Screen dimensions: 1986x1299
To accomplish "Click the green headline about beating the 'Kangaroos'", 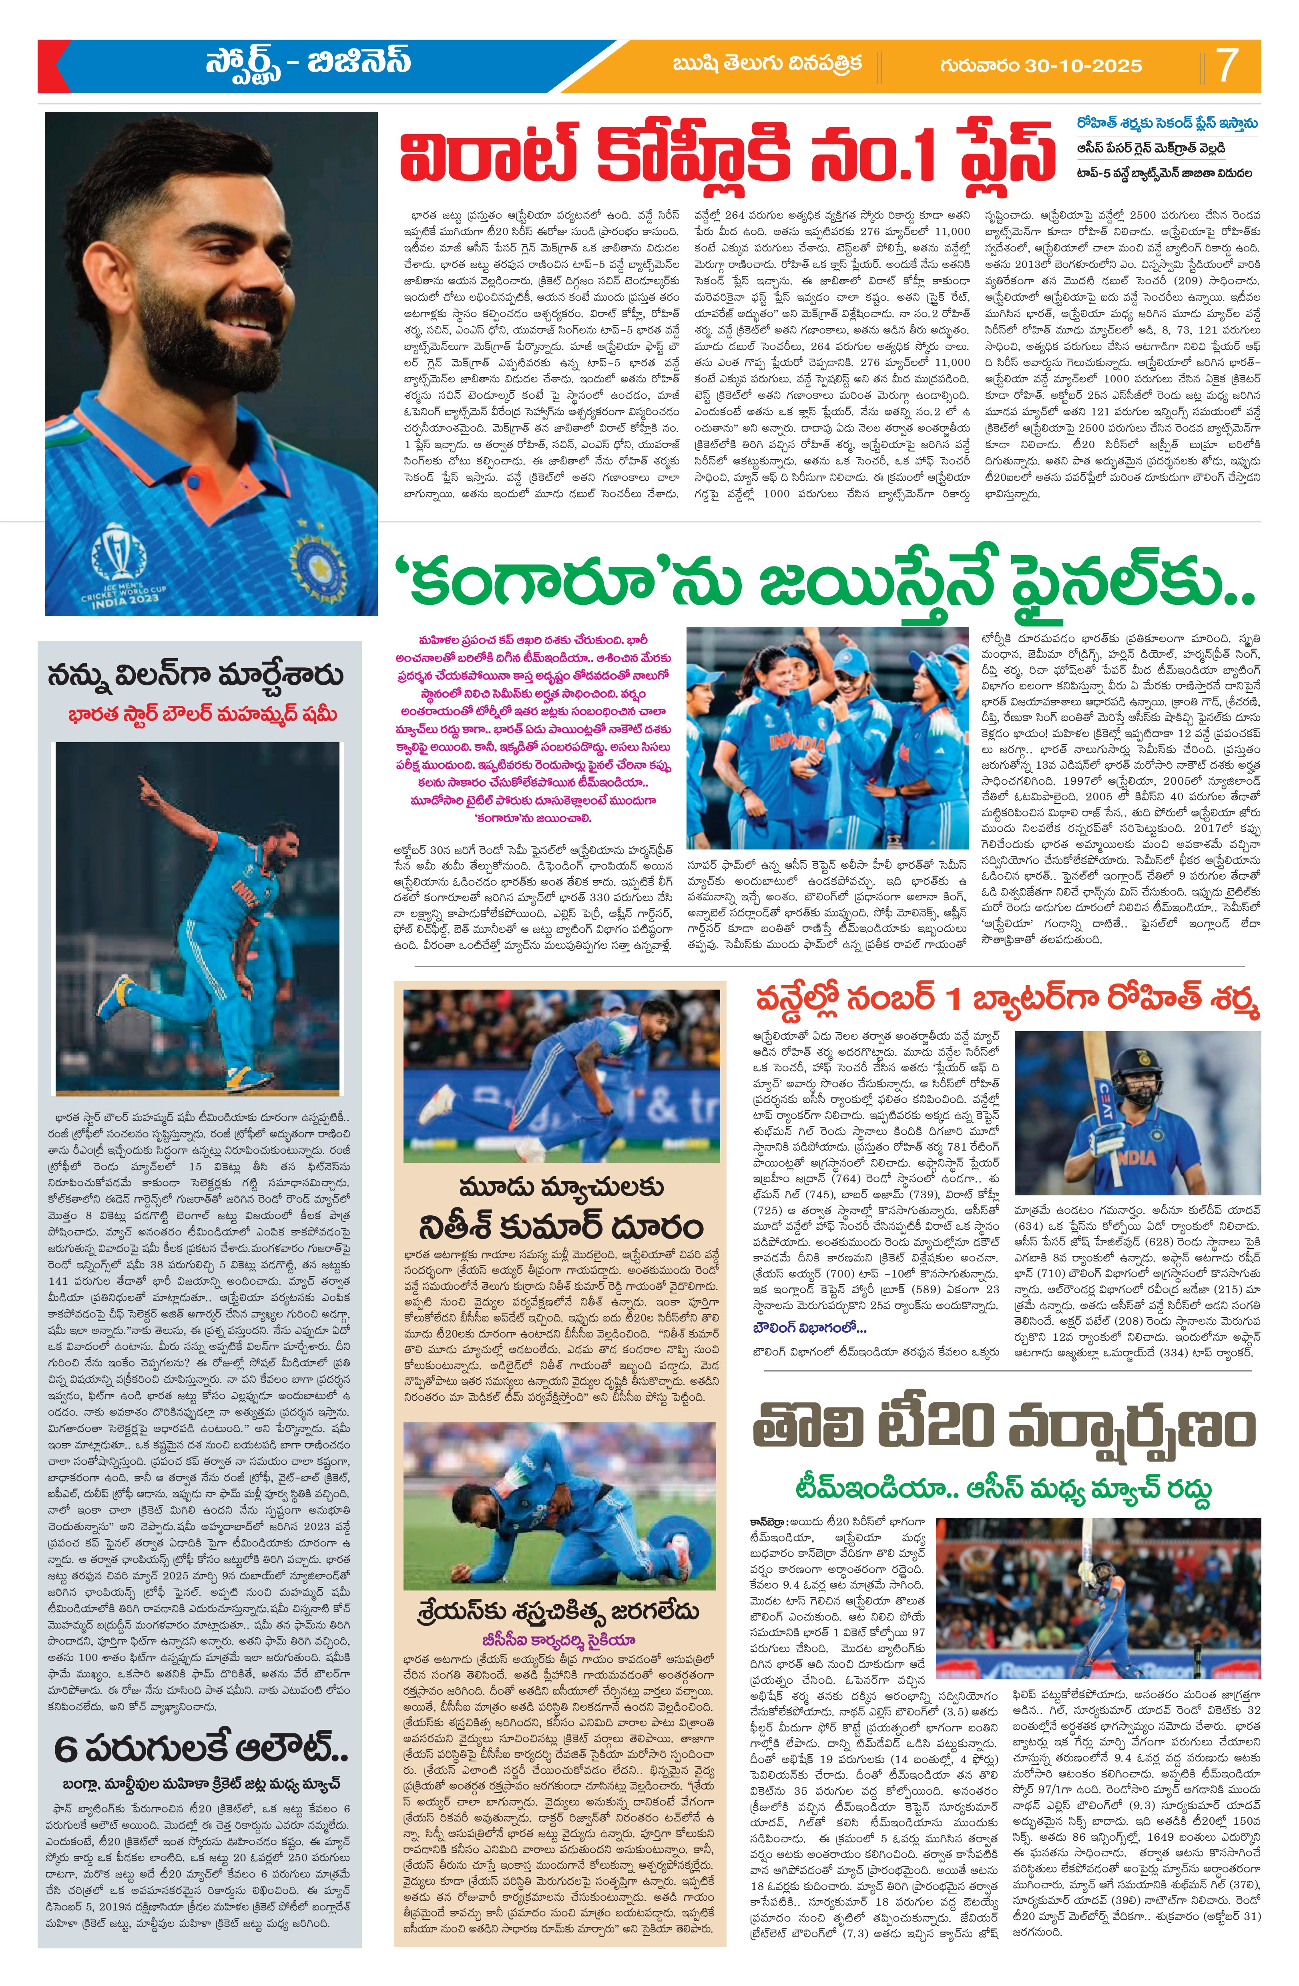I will [x=826, y=584].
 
